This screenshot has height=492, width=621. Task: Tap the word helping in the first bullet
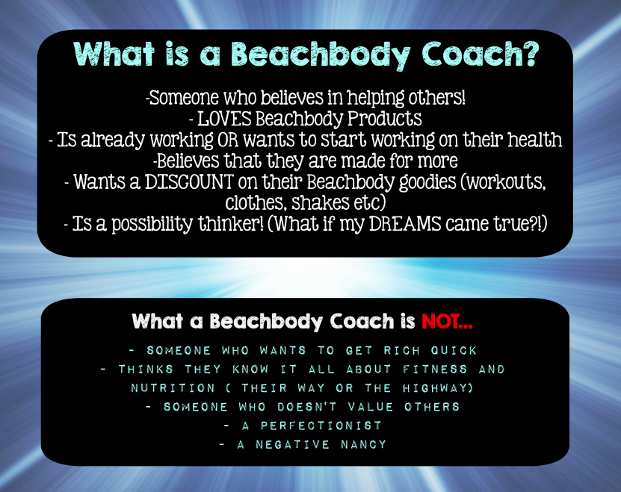click(370, 98)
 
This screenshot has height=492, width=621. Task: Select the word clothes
click(252, 202)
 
